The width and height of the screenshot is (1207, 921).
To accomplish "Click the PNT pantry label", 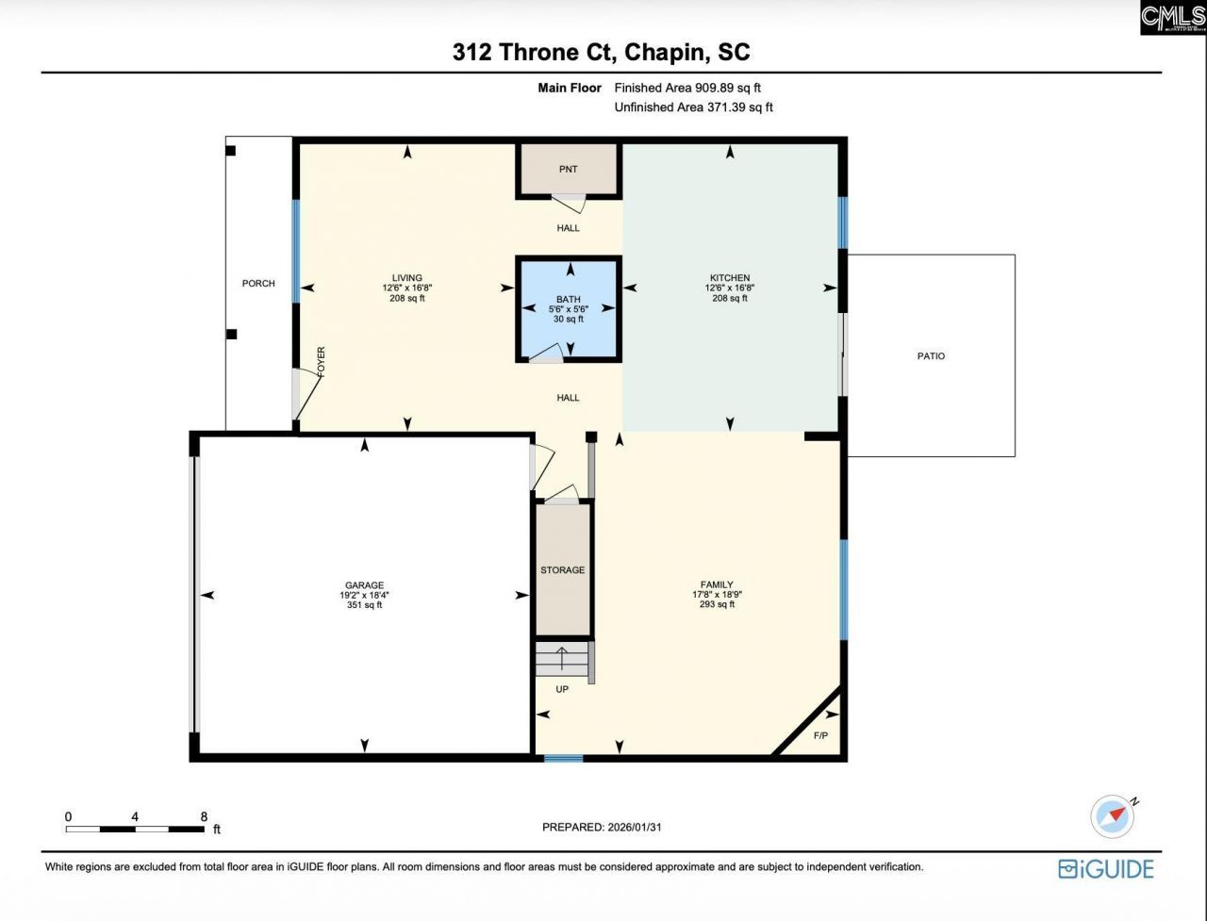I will [568, 170].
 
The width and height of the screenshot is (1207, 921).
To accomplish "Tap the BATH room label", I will [568, 300].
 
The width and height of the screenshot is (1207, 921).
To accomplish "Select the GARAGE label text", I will [363, 585].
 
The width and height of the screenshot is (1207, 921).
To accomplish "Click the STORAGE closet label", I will [562, 570].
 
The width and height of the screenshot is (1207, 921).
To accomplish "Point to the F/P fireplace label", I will [820, 735].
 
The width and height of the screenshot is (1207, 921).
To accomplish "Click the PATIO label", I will [931, 356].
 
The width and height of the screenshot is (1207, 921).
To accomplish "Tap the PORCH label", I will [258, 284].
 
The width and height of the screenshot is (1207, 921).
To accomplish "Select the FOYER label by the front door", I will [321, 363].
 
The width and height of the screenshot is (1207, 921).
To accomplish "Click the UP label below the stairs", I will [562, 689].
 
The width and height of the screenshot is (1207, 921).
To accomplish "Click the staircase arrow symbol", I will [563, 658].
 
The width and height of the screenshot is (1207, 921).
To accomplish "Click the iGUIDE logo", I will [1105, 868].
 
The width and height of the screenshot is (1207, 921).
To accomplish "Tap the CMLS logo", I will [1172, 18].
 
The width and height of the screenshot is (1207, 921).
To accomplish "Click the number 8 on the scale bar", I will [204, 816].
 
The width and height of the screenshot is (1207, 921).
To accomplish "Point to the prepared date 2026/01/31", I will [640, 828].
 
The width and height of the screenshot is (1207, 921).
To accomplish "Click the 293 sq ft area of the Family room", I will [712, 604].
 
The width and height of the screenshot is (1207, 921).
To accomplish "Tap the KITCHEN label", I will [730, 278].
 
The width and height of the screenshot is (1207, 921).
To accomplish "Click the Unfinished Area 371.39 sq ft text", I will [693, 107].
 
